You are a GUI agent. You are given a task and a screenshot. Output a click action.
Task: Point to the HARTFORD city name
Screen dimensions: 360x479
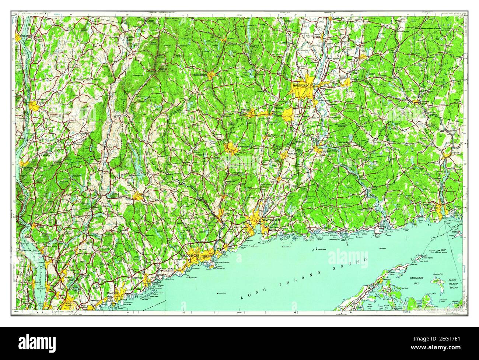tap(300, 85)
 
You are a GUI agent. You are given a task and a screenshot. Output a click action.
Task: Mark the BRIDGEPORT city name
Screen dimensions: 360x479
tap(191, 255)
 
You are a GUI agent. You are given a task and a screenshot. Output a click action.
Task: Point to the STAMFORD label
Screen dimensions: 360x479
tap(112, 293)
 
